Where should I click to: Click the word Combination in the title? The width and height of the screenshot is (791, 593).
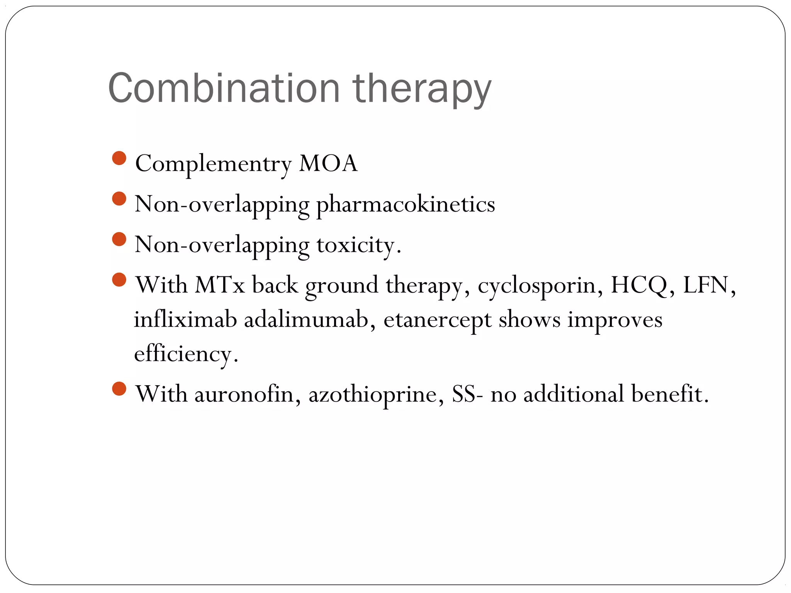click(x=224, y=88)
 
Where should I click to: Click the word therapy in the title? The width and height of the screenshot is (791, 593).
click(x=422, y=90)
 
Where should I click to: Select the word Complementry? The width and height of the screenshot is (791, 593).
click(x=213, y=164)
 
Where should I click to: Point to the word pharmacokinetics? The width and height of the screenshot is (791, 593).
click(x=406, y=205)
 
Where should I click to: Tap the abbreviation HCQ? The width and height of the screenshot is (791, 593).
click(x=639, y=286)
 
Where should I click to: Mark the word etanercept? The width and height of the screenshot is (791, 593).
click(x=437, y=320)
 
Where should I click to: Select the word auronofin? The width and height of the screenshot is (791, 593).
click(x=244, y=394)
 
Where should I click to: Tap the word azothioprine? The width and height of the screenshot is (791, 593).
click(x=373, y=395)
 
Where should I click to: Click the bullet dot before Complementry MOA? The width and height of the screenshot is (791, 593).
click(x=119, y=158)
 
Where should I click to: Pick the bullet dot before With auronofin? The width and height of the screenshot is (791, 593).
click(x=119, y=389)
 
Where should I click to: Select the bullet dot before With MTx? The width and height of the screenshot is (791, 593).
click(x=119, y=280)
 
